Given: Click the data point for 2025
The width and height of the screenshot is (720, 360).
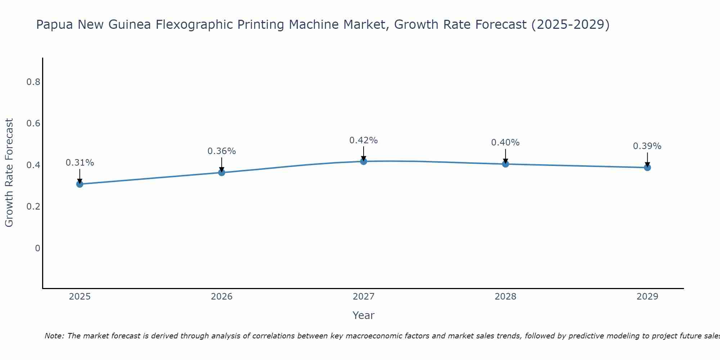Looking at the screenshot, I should point(80,184).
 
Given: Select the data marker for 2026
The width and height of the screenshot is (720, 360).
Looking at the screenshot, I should point(222,172).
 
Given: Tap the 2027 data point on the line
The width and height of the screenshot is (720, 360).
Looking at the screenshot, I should point(364,161).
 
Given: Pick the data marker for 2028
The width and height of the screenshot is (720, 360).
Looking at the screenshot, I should point(505,164).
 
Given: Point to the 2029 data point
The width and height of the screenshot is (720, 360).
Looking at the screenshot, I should point(647,167).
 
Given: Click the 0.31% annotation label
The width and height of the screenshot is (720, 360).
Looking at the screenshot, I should point(80,163).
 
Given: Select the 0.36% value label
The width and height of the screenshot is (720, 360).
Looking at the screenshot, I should point(222,151).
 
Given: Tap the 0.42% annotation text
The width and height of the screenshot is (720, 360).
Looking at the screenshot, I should point(364,140).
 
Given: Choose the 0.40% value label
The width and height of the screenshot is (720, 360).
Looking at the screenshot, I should point(505,143).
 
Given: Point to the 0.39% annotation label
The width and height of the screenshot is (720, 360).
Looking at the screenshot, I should point(647,146).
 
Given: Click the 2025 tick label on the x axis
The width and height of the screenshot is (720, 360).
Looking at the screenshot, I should point(80,297).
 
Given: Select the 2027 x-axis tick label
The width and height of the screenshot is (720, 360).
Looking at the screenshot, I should point(364,297).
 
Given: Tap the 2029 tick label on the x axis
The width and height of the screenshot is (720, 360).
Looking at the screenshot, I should point(647,297).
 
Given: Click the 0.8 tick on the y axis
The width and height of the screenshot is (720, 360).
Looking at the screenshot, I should point(33,82).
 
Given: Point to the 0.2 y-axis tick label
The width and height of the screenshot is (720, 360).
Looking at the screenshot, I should point(33,207).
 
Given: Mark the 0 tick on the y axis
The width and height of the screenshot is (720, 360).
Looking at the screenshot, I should point(37,248).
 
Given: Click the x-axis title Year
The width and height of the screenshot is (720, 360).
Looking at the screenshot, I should point(364,315).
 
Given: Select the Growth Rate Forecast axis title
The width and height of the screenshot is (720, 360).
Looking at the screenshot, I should point(9,173).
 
